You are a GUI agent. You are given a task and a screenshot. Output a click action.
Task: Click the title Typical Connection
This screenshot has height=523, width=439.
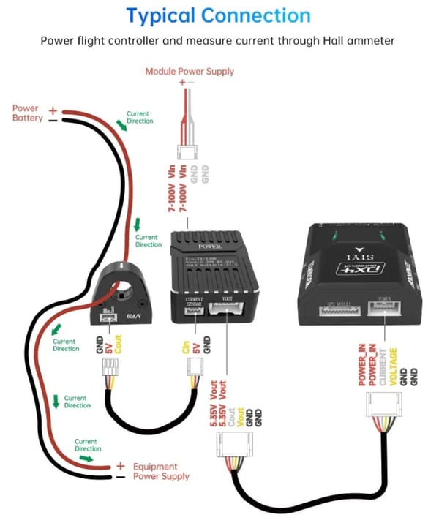click(x=219, y=15)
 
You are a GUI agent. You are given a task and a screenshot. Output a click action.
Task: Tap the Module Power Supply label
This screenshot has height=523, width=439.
click(x=190, y=71)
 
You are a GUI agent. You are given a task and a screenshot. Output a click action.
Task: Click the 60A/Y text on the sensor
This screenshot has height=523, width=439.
click(x=135, y=316)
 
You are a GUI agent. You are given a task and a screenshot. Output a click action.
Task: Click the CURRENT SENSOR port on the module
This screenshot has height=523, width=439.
click(x=195, y=309)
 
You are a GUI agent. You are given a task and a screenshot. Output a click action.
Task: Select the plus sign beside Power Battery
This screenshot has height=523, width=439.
click(x=53, y=110)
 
